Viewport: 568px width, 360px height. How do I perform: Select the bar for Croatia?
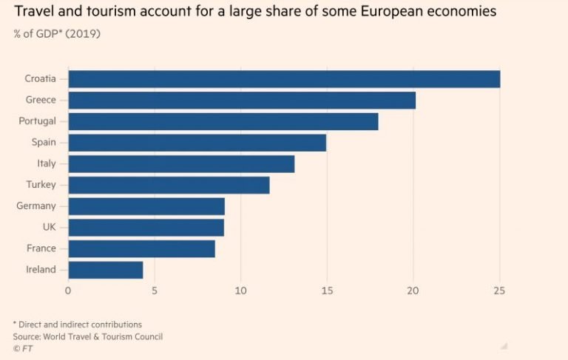(284, 79)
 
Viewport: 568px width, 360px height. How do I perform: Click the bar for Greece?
(242, 101)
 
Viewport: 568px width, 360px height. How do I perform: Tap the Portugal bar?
(223, 121)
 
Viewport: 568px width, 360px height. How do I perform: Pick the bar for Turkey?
(169, 185)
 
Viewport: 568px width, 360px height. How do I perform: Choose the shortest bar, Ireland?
(105, 270)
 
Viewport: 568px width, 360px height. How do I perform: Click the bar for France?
(141, 248)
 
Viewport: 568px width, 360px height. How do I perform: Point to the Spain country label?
(42, 143)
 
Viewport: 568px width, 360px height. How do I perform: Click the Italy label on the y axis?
(45, 163)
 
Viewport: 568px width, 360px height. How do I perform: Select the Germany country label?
(36, 206)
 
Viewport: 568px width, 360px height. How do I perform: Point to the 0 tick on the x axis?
(68, 291)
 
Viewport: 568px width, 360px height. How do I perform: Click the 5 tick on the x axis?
(155, 291)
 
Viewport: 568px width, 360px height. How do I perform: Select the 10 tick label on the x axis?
(240, 291)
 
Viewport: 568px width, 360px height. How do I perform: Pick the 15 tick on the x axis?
(327, 291)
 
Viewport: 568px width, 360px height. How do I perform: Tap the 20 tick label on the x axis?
(413, 291)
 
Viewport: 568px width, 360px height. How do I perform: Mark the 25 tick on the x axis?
(500, 291)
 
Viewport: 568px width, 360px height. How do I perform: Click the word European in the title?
(402, 12)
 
